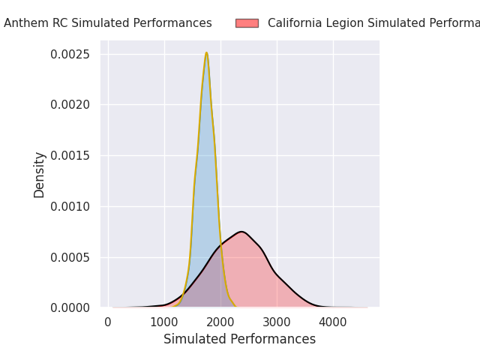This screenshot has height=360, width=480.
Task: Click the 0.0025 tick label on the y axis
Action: click(70, 55)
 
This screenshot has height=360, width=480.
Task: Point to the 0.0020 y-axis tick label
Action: click(70, 105)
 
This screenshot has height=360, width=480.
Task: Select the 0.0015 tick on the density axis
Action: click(70, 156)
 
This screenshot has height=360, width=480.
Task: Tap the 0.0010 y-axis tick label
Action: click(70, 206)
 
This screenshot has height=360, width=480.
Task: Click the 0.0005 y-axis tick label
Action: click(70, 257)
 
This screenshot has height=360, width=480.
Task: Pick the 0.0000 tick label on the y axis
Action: click(70, 307)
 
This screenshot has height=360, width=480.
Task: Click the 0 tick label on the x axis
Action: click(108, 322)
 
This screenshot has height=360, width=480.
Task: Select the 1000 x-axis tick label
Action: click(164, 322)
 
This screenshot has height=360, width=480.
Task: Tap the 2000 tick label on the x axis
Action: click(220, 322)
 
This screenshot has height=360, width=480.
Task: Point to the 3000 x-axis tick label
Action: click(277, 322)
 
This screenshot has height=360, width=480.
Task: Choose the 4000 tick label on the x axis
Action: click(333, 322)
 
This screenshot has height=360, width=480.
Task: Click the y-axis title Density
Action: click(40, 174)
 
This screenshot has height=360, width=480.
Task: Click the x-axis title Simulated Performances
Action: click(240, 340)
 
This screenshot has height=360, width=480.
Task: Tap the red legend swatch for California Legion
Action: click(247, 23)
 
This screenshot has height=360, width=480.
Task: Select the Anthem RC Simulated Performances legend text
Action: click(108, 23)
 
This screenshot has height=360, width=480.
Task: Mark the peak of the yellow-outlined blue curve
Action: click(206, 53)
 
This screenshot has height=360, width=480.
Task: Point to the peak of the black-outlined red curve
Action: click(241, 232)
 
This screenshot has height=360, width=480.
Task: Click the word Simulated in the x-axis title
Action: click(193, 340)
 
